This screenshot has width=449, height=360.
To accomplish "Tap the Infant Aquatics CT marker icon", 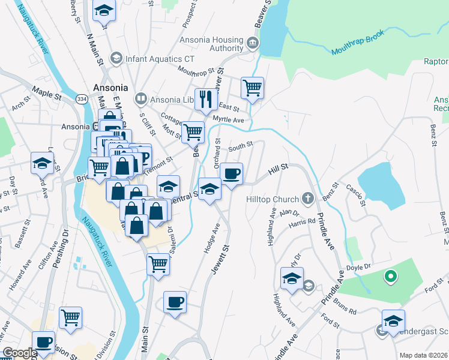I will [115, 59].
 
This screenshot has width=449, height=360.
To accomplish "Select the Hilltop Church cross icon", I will [308, 198].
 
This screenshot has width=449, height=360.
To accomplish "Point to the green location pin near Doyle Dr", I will [390, 277].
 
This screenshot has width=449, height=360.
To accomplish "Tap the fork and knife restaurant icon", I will [206, 99].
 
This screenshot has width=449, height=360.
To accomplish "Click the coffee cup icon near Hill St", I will [231, 174].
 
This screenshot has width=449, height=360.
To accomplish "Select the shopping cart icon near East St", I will [253, 88].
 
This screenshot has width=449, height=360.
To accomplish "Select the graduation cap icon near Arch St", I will [43, 163].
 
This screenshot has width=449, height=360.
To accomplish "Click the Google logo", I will [20, 353].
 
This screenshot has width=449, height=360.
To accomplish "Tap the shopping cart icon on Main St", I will [158, 263].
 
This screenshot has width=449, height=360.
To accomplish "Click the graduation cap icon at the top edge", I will [104, 11].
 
